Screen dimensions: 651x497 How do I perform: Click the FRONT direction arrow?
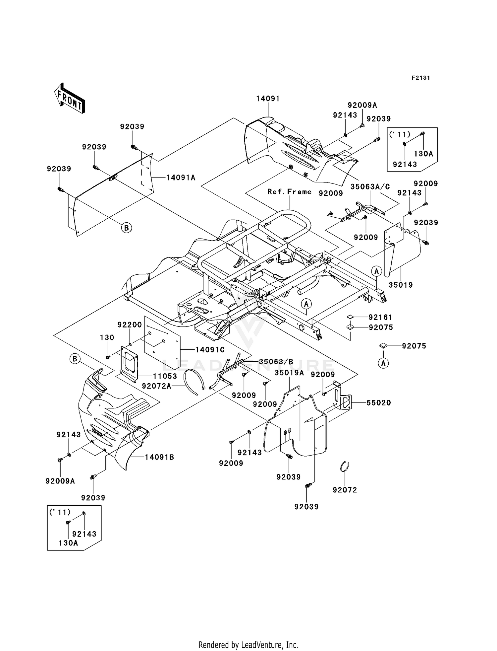[x=70, y=98]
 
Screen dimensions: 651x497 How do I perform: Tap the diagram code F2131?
[x=421, y=78]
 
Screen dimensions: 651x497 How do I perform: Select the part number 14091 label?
[x=268, y=99]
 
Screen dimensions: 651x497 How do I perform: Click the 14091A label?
[x=181, y=178]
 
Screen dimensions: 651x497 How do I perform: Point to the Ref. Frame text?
[x=289, y=192]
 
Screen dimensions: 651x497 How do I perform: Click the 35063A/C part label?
[x=370, y=186]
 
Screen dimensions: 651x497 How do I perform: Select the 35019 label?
[x=401, y=285]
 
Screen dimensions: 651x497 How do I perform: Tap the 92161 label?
[x=380, y=317]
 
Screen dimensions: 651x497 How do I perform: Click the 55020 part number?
[x=378, y=403]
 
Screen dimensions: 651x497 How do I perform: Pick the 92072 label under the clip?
[x=345, y=490]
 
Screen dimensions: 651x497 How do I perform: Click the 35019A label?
[x=289, y=373]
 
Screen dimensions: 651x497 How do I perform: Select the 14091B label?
[x=159, y=457]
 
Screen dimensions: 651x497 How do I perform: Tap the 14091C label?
[x=210, y=350]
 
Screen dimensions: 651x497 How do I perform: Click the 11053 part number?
[x=165, y=376]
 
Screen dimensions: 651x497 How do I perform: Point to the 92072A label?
[x=156, y=386]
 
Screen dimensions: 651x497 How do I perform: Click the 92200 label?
[x=130, y=325]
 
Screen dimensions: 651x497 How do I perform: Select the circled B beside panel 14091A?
[x=126, y=228]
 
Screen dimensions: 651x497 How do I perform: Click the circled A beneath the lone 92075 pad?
[x=383, y=363]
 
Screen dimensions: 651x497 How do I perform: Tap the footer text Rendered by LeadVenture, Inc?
[x=248, y=645]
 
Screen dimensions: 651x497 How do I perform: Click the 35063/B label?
[x=276, y=362]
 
